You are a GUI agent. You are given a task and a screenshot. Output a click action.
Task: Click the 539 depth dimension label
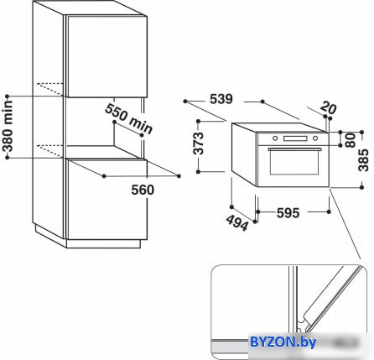[221, 99]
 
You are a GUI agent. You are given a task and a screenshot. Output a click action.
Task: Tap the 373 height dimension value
[199, 143]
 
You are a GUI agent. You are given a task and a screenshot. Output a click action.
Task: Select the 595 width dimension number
[288, 213]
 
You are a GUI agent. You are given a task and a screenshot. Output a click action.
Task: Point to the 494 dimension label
[237, 222]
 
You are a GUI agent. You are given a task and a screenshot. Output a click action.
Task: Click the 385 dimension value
[364, 160]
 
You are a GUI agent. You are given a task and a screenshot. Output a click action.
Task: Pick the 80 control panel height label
[351, 140]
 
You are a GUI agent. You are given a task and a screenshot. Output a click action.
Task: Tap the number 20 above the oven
[328, 107]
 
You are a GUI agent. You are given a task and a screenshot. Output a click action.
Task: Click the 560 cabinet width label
[143, 190]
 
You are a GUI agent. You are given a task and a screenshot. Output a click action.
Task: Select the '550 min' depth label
[129, 119]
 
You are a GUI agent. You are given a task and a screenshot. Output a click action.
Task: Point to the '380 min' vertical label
[8, 127]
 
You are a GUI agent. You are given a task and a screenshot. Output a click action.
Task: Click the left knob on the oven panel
[275, 138]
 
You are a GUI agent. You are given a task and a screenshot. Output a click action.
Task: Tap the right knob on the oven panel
[315, 138]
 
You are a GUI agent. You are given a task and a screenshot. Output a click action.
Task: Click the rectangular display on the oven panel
[295, 138]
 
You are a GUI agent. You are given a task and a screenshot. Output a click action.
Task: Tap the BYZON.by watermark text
[283, 342]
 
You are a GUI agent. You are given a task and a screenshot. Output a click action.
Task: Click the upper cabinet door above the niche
[106, 57]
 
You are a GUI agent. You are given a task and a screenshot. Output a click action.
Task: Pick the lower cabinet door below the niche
[106, 199]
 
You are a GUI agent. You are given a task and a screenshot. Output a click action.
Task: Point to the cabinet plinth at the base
[103, 243]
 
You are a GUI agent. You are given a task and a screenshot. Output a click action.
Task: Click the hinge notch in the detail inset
[301, 324]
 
